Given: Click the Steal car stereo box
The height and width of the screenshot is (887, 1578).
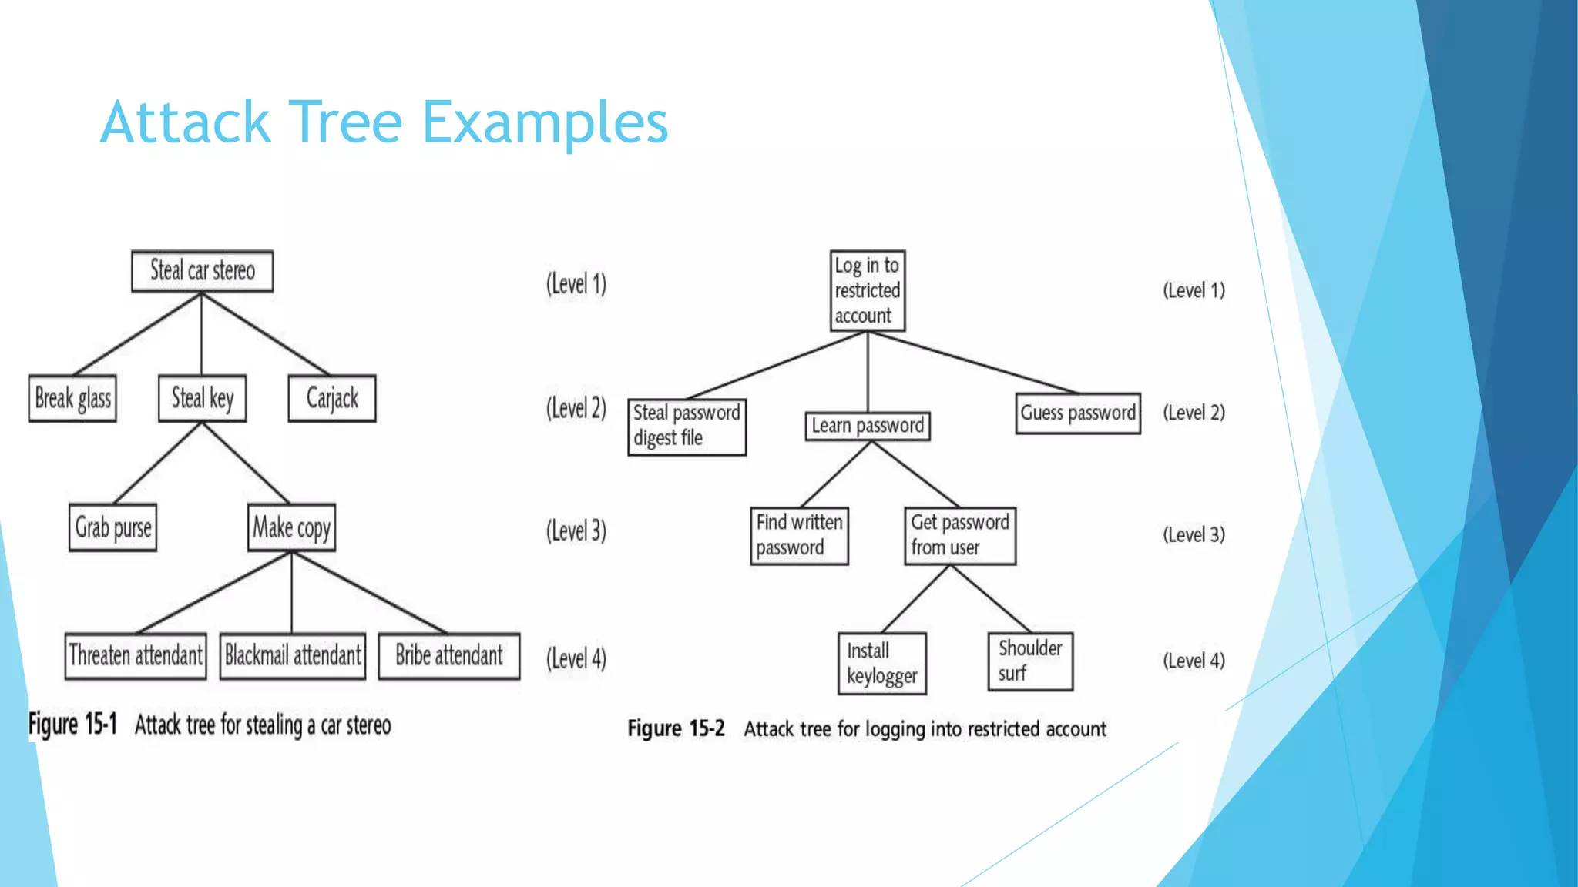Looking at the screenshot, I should tap(202, 271).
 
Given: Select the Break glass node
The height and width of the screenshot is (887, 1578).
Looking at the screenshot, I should tap(72, 399).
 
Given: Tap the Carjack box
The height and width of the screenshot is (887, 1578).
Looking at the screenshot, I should tap(332, 399).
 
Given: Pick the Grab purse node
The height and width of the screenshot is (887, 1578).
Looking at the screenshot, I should tap(112, 528).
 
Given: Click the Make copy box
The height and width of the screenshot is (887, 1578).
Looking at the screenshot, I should tap(291, 528).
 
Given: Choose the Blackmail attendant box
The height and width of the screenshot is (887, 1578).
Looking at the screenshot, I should tap(293, 656).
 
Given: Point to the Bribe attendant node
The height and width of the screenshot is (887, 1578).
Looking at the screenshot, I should tap(449, 656).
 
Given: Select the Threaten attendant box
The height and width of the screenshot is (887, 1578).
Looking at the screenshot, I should tap(136, 656).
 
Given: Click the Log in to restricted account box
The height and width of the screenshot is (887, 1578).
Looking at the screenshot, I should tap(868, 291).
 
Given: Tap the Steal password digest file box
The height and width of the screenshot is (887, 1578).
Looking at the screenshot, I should tap(687, 427).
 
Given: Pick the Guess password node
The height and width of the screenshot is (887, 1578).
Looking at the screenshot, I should tap(1078, 413).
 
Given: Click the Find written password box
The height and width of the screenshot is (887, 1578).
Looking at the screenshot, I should tap(799, 536).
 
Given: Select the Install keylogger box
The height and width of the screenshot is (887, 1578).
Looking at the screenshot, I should tap(881, 664).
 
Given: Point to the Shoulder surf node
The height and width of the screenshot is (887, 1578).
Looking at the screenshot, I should tap(1030, 661).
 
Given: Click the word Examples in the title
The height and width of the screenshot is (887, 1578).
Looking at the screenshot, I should tap(545, 123).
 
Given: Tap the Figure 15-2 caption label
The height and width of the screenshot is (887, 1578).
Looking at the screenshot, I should tap(676, 729).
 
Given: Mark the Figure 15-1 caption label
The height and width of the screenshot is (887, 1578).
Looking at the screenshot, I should tap(72, 725).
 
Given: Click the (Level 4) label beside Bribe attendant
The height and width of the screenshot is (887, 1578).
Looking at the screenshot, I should tap(576, 659).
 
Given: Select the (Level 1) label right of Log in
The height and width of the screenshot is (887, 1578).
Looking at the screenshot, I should tap(1194, 290).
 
